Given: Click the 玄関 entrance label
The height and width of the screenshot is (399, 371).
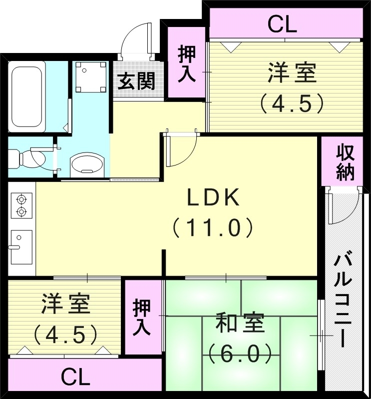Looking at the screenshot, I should point(136,81).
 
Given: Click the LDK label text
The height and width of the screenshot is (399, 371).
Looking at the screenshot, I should point(214,199).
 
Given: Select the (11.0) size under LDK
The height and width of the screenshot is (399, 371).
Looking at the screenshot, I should point(213,228).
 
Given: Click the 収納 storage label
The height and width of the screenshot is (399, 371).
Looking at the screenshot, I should point(345,162).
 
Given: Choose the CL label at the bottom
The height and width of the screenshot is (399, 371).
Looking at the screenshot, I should point(75,377).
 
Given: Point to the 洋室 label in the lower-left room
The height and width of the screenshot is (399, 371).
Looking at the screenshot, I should point(65,304).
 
